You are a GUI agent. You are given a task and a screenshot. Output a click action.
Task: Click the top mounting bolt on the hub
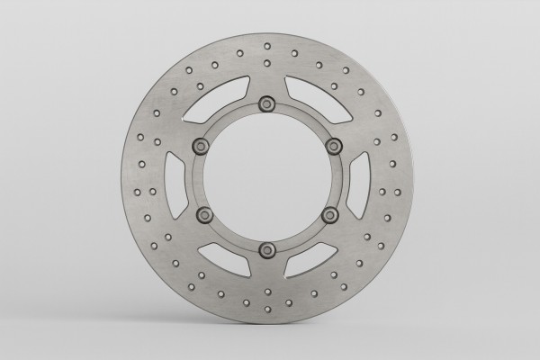(x=267, y=105)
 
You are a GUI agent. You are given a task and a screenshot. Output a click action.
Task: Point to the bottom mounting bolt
(x=267, y=249)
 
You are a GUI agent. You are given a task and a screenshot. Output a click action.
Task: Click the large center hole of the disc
(x=267, y=177)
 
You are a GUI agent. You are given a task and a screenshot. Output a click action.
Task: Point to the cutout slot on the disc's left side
(x=175, y=177)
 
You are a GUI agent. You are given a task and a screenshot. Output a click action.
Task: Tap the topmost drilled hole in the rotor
(x=267, y=45)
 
